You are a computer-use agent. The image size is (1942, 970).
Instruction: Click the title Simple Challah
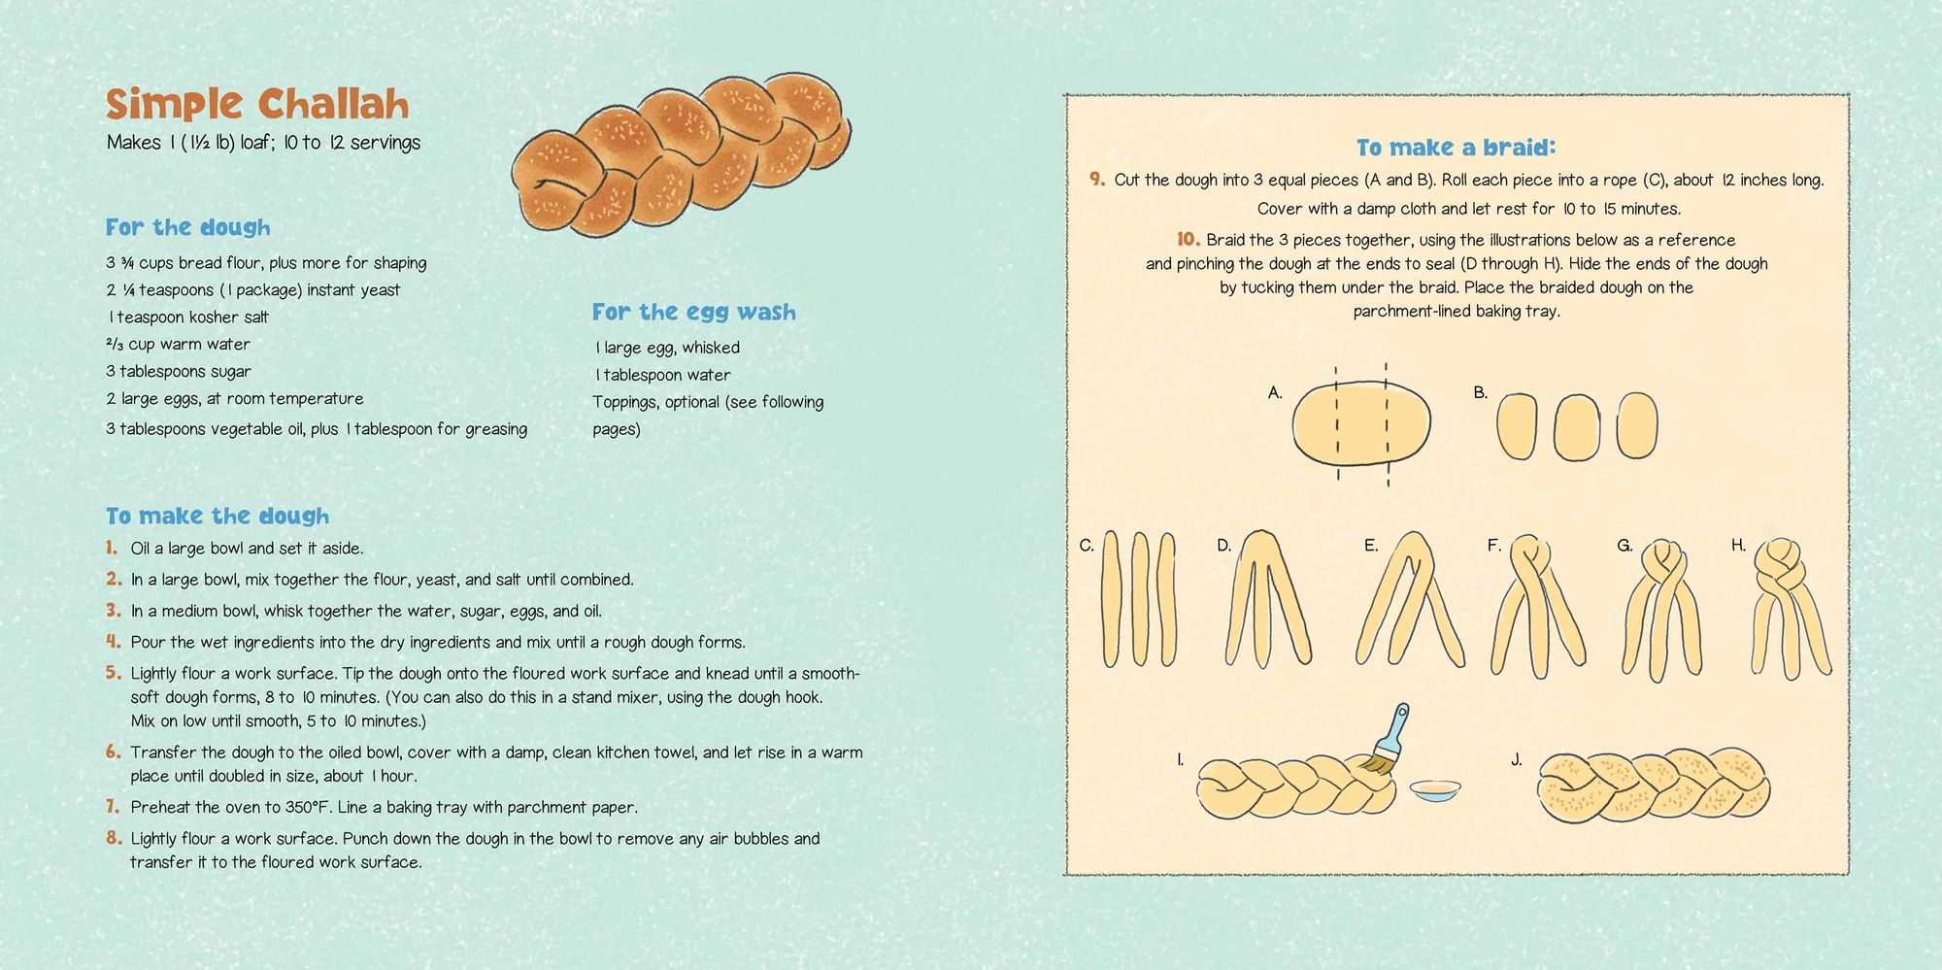[257, 104]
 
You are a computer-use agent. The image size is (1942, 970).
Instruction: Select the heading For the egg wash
[694, 312]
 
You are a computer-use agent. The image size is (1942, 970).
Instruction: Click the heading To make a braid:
[1456, 148]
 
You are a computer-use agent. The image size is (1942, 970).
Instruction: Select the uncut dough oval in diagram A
[1361, 425]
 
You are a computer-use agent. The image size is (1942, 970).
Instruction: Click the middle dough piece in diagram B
[1576, 426]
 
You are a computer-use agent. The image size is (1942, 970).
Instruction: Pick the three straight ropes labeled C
[1138, 598]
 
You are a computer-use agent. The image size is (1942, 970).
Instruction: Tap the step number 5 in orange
[114, 673]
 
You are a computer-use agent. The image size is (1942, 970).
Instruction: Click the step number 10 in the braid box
[1189, 239]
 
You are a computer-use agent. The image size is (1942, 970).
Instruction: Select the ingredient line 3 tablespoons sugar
[179, 371]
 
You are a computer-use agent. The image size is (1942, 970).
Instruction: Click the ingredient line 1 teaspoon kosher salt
[188, 317]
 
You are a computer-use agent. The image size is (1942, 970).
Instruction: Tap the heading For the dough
[188, 227]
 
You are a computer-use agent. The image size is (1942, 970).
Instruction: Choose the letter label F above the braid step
[1494, 546]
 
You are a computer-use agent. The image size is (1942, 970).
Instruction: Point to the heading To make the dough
[218, 516]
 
